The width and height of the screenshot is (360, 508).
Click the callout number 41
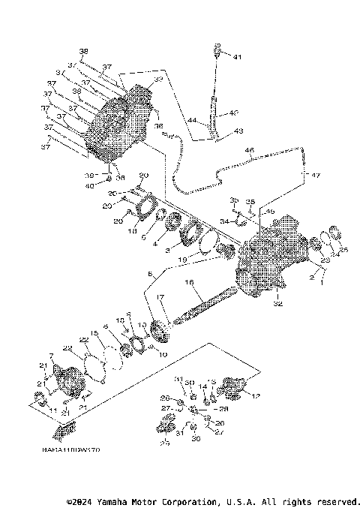pyautogui.click(x=238, y=57)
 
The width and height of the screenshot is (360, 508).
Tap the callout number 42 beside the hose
pyautogui.click(x=232, y=113)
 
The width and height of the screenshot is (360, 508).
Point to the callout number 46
pyautogui.click(x=249, y=151)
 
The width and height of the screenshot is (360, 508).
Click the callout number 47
pyautogui.click(x=316, y=175)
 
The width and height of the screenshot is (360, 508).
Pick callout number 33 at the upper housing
pyautogui.click(x=158, y=79)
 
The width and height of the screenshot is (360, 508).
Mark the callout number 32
pyautogui.click(x=257, y=305)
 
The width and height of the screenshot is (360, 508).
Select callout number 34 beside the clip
pyautogui.click(x=223, y=221)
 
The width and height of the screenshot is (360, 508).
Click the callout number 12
pyautogui.click(x=256, y=395)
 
